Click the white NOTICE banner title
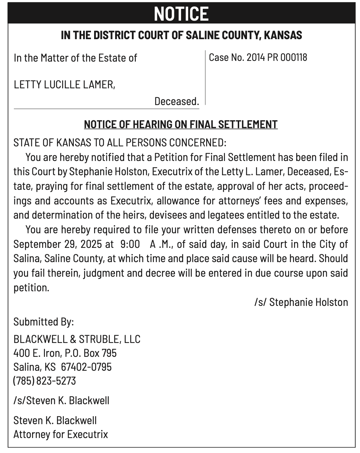click(x=181, y=14)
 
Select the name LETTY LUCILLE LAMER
click(x=64, y=85)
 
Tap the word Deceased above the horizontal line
click(x=176, y=101)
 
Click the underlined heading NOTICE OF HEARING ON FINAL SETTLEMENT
click(x=181, y=124)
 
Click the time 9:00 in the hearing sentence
click(x=130, y=244)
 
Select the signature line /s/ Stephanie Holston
click(x=301, y=302)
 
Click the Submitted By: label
click(x=43, y=322)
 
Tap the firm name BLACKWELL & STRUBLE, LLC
click(x=77, y=339)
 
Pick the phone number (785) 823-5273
click(x=45, y=381)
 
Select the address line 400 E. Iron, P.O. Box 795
click(x=65, y=353)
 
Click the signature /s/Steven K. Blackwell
click(x=61, y=400)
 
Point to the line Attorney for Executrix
click(x=61, y=434)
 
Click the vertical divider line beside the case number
click(x=205, y=78)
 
